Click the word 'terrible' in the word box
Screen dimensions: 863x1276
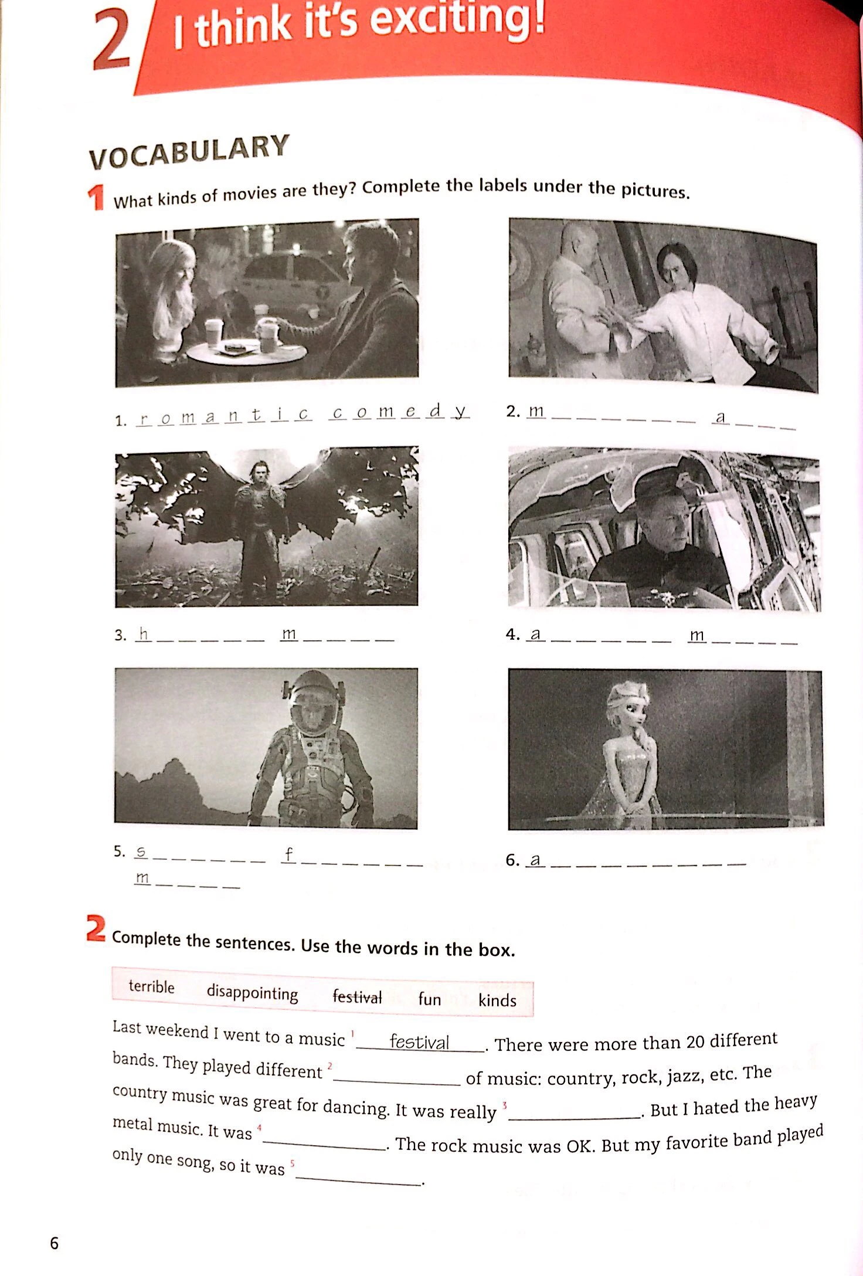pos(151,986)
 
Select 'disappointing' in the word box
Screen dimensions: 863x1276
pos(252,993)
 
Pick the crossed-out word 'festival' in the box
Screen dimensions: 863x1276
pos(357,996)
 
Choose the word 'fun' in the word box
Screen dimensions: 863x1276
pos(429,999)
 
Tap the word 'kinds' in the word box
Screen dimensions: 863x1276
pos(497,1000)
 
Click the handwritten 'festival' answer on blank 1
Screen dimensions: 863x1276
pos(419,1041)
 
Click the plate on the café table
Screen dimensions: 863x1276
pos(236,349)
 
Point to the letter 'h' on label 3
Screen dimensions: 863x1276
pos(143,633)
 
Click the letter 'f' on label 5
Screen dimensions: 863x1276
pos(288,854)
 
